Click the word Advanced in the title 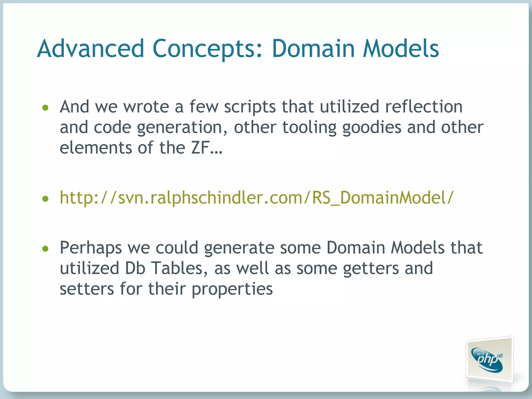tap(90, 49)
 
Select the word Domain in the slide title tap(313, 49)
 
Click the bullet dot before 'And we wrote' tap(45, 108)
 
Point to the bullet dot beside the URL tap(45, 199)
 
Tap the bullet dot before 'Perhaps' tap(45, 249)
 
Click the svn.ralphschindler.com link tap(256, 198)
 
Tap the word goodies tap(372, 128)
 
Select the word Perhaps tap(91, 248)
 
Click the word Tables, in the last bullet tap(179, 268)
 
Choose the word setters tap(87, 289)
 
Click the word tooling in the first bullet tap(309, 128)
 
